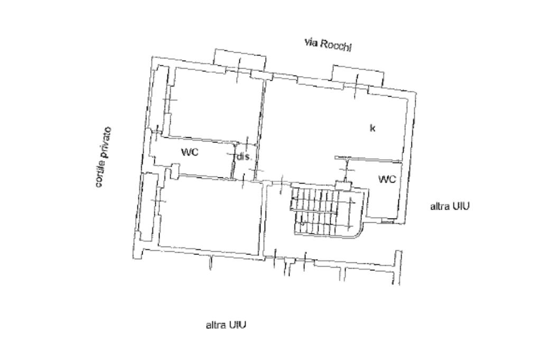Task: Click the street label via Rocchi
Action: click(x=328, y=45)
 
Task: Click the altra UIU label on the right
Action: click(x=450, y=206)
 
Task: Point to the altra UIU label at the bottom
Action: click(x=226, y=325)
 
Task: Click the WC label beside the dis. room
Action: click(x=190, y=153)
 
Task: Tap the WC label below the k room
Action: click(x=387, y=179)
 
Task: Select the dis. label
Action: click(x=243, y=157)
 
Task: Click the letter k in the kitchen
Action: click(x=372, y=128)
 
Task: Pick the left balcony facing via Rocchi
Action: click(x=239, y=58)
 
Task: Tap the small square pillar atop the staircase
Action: click(x=342, y=185)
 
